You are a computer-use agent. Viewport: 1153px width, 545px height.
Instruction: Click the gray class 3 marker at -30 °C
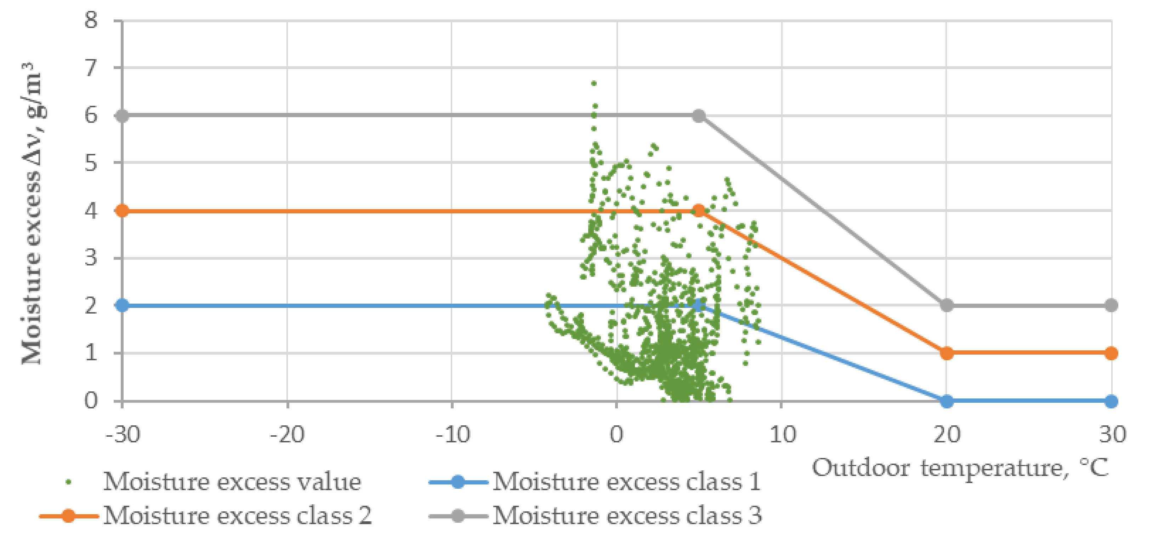pyautogui.click(x=122, y=116)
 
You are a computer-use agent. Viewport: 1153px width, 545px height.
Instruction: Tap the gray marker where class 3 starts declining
pyautogui.click(x=699, y=116)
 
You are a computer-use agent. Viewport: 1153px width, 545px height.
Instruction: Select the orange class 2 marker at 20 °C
pyautogui.click(x=947, y=353)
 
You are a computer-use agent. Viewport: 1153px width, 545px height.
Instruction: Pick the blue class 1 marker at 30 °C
pyautogui.click(x=1111, y=401)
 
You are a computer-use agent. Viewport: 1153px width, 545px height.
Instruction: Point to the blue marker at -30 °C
pyautogui.click(x=122, y=306)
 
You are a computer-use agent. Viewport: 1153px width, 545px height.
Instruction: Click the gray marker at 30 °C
pyautogui.click(x=1111, y=306)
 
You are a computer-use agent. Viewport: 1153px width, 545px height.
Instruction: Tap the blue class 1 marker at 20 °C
pyautogui.click(x=947, y=401)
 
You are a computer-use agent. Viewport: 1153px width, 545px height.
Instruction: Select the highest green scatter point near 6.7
pyautogui.click(x=594, y=83)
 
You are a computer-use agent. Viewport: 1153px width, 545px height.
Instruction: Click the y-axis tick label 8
pyautogui.click(x=91, y=20)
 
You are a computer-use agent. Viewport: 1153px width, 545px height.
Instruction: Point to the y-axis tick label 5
pyautogui.click(x=91, y=163)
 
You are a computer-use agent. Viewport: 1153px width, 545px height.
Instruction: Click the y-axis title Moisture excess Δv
pyautogui.click(x=32, y=215)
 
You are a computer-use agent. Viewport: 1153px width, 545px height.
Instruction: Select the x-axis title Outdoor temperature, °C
pyautogui.click(x=960, y=468)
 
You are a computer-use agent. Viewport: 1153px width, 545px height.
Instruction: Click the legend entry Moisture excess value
pyautogui.click(x=232, y=482)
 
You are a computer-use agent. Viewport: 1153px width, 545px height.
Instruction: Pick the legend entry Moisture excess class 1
pyautogui.click(x=627, y=482)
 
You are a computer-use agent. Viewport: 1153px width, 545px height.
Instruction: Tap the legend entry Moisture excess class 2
pyautogui.click(x=237, y=516)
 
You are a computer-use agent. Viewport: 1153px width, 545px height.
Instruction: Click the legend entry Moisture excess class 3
pyautogui.click(x=627, y=516)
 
